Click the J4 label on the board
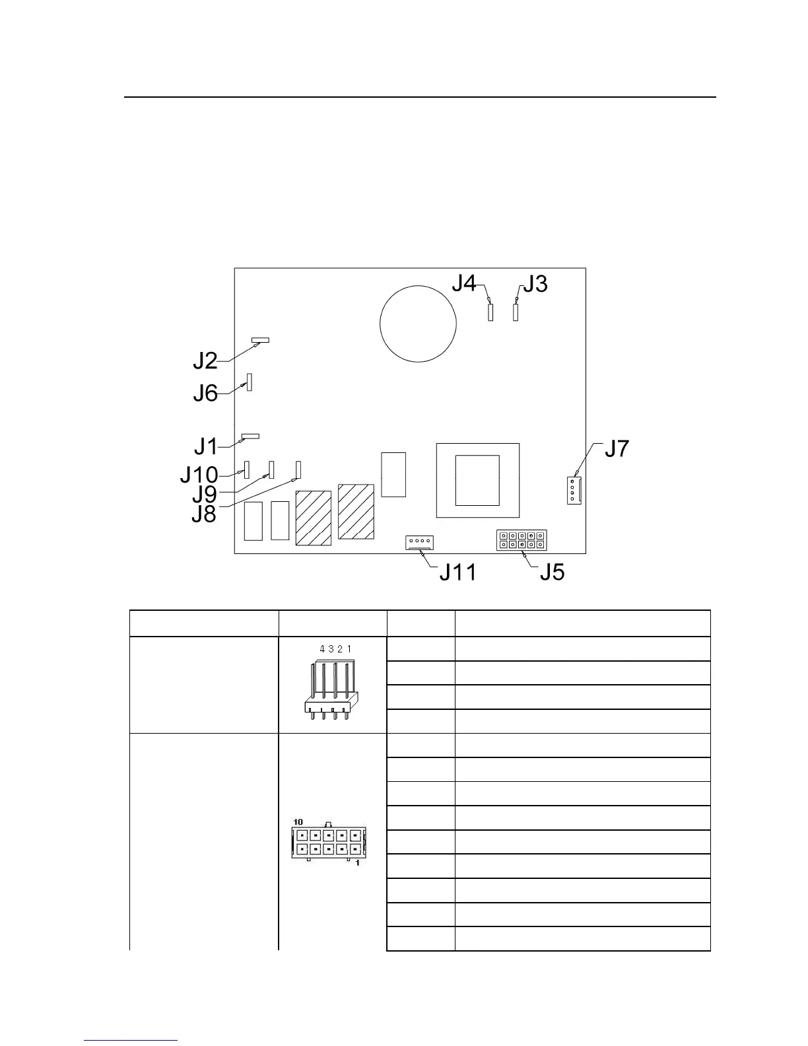point(463,283)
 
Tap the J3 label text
point(535,284)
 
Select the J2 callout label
point(205,361)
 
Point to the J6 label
point(205,394)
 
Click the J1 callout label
point(206,447)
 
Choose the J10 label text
point(199,475)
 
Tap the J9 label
point(205,494)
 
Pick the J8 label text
point(204,514)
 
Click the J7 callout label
point(617,449)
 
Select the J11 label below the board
point(457,572)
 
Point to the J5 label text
point(552,572)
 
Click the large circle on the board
point(419,324)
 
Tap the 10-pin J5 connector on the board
point(522,540)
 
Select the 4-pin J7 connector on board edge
point(574,490)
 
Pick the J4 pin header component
point(490,311)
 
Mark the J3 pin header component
point(516,311)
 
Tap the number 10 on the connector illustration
point(298,821)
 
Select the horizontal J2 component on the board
point(260,340)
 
